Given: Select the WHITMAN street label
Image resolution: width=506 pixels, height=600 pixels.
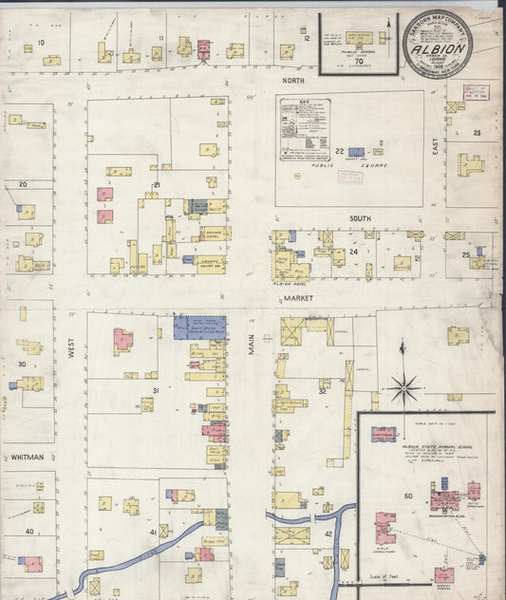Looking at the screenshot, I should tap(28, 457).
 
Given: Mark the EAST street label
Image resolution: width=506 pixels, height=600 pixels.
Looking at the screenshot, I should tap(437, 170).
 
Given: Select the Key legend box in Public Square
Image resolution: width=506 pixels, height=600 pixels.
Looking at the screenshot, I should tap(304, 131).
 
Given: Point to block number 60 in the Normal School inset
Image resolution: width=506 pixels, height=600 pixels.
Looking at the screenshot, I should tap(408, 496).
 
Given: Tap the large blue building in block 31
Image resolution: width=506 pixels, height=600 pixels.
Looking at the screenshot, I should tap(199, 327).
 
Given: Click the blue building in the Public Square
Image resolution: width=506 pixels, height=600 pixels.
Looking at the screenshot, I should tap(356, 152).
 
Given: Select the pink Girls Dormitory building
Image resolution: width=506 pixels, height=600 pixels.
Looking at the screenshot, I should tap(385, 527).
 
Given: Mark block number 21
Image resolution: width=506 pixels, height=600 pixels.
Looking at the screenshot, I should tap(157, 184).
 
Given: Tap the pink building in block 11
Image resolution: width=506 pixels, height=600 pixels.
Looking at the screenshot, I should tap(202, 47).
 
